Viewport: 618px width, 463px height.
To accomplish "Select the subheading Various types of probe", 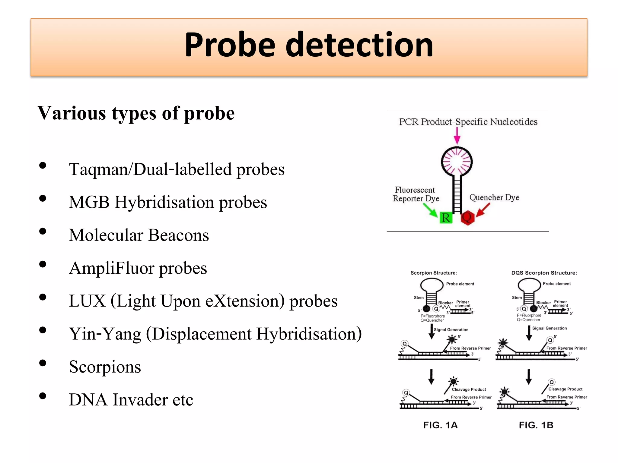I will [136, 113].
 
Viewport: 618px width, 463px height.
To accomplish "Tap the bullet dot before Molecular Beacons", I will [43, 231].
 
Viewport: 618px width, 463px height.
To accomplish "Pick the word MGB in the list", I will [89, 202].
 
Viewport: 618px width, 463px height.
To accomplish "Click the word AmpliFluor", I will [111, 268].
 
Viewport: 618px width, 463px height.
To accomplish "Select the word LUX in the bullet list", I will [87, 301].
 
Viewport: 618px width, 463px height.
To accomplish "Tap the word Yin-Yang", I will [105, 334].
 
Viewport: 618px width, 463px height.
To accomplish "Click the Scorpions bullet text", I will [105, 367].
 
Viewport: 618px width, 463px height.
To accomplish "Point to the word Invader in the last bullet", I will [140, 400].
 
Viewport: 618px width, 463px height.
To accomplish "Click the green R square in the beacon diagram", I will [446, 218].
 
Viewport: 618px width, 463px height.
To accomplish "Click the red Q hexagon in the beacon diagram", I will [467, 217].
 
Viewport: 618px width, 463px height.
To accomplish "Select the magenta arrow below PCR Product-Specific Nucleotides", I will [457, 136].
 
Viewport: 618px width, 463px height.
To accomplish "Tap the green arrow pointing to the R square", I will [431, 210].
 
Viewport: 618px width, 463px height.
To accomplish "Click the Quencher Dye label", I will [494, 197].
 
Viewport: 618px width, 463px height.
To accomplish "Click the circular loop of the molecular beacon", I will [457, 162].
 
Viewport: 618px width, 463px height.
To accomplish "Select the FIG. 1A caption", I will [440, 425].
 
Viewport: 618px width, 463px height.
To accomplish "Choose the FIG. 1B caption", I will [536, 425].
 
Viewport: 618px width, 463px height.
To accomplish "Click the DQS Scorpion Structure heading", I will [544, 273].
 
